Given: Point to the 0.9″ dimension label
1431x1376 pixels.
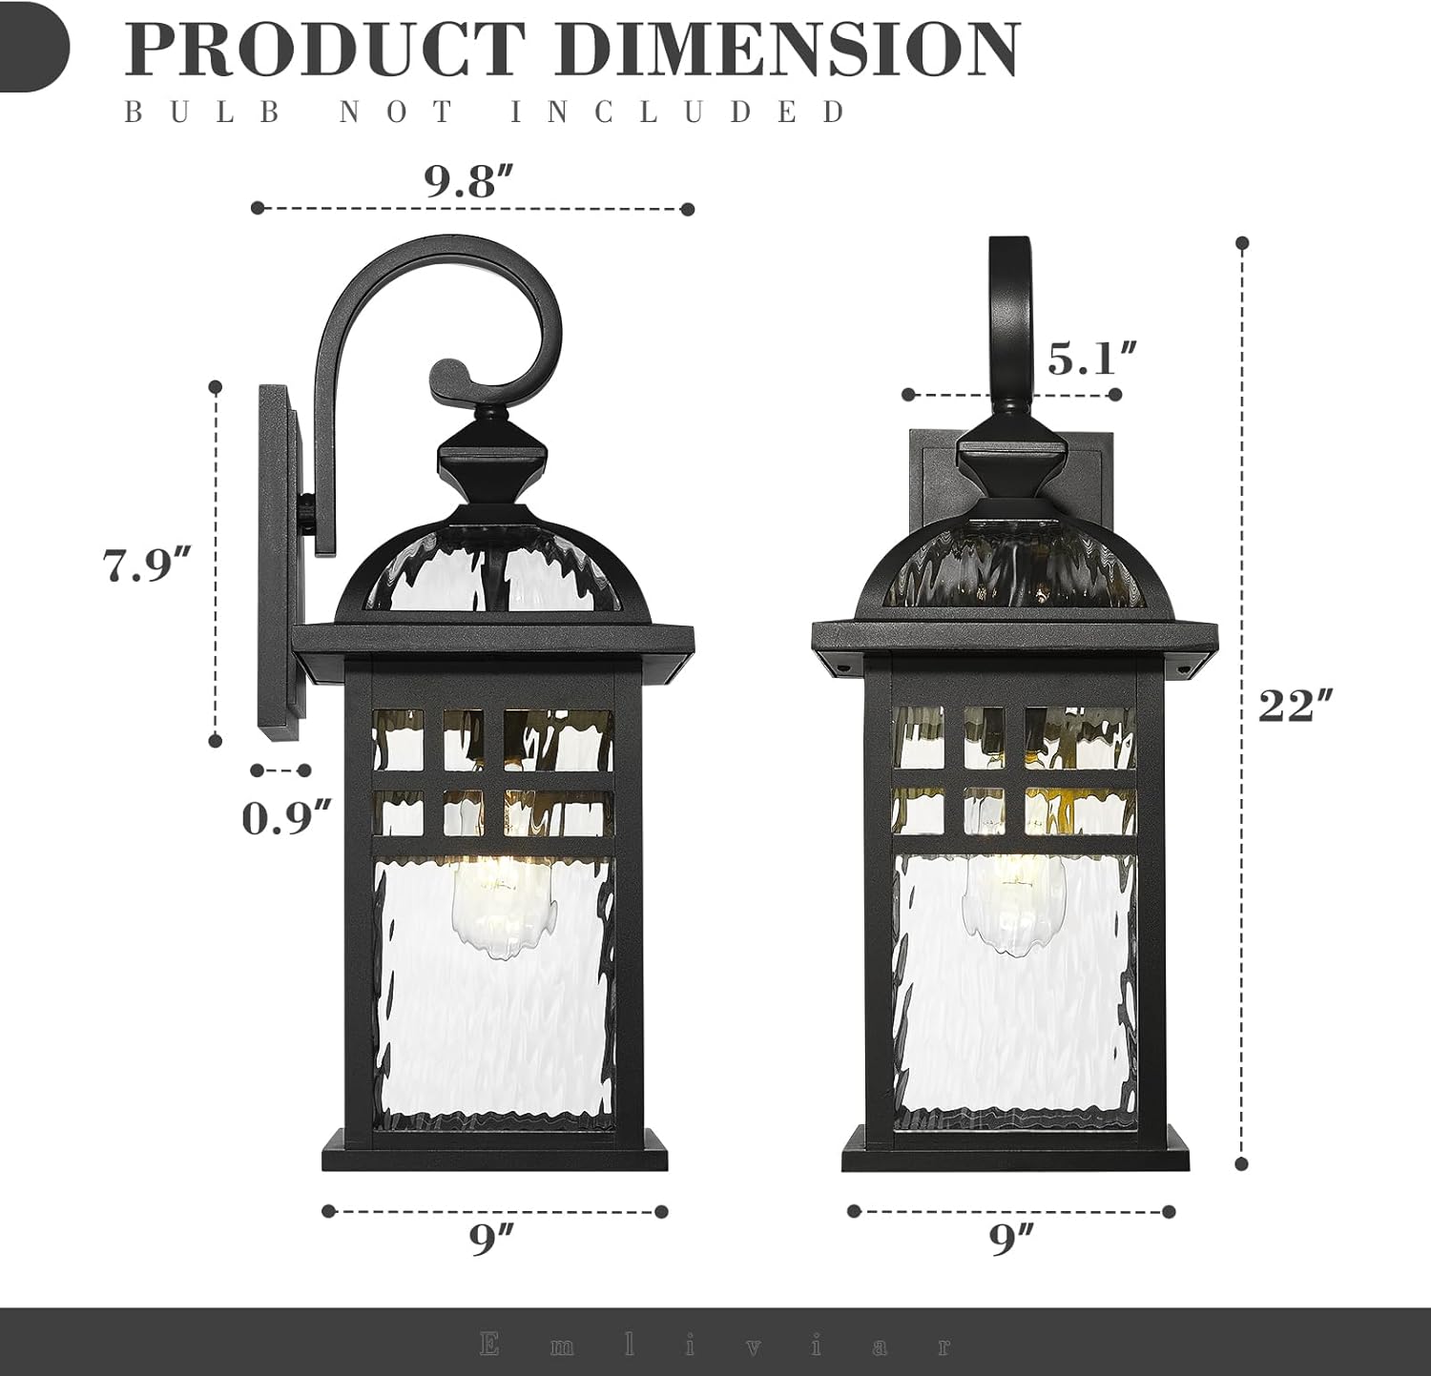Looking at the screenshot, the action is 286,818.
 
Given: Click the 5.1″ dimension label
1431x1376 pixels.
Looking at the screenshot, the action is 1092,359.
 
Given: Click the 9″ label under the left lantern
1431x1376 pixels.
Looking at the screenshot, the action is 491,1239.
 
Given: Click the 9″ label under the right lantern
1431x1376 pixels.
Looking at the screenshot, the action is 1011,1239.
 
